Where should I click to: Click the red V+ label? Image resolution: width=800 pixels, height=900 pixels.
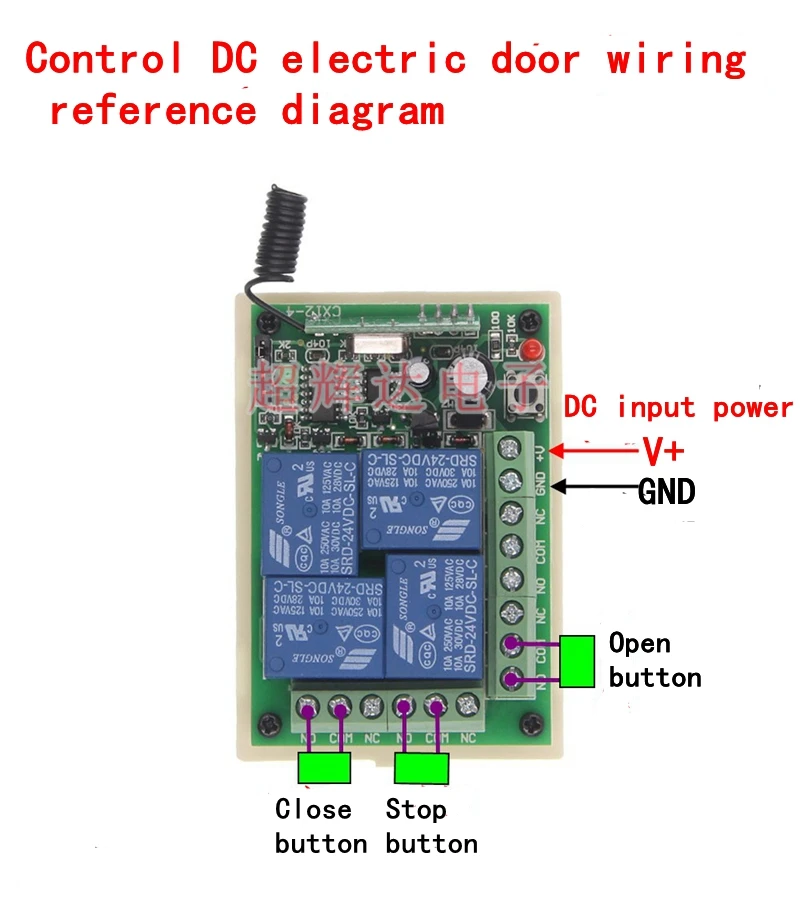tap(663, 452)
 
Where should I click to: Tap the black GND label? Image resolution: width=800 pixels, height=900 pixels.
tap(666, 491)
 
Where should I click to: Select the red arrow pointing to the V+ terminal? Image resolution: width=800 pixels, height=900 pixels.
tap(594, 451)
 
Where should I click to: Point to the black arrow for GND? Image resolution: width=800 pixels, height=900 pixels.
tap(594, 487)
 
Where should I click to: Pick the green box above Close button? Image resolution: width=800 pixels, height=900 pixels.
tap(324, 768)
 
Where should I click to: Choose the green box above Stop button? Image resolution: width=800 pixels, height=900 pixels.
tap(421, 768)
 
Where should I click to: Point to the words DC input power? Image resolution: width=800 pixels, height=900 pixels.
tap(678, 408)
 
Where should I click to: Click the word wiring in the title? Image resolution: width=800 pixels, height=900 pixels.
tap(676, 60)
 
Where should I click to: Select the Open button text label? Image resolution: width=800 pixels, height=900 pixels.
tap(654, 660)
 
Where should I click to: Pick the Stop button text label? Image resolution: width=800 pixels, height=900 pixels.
tap(431, 826)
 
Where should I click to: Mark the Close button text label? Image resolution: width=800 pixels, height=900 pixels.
tap(320, 826)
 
